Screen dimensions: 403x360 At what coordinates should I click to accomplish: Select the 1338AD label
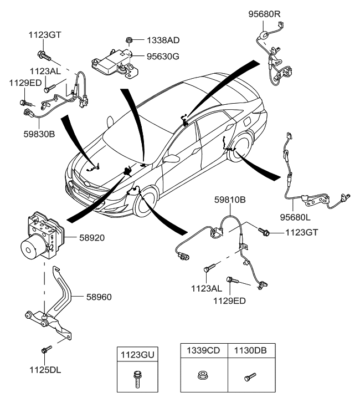[x=163, y=40]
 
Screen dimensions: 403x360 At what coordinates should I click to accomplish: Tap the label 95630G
[x=163, y=55]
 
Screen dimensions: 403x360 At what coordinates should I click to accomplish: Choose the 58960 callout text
[x=99, y=297]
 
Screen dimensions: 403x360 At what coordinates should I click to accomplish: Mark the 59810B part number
[x=231, y=198]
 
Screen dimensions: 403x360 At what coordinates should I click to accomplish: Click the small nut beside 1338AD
[x=128, y=40]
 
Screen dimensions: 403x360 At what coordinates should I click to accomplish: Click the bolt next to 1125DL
[x=45, y=350]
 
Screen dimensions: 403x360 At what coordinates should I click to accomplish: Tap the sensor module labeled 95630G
[x=114, y=61]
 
